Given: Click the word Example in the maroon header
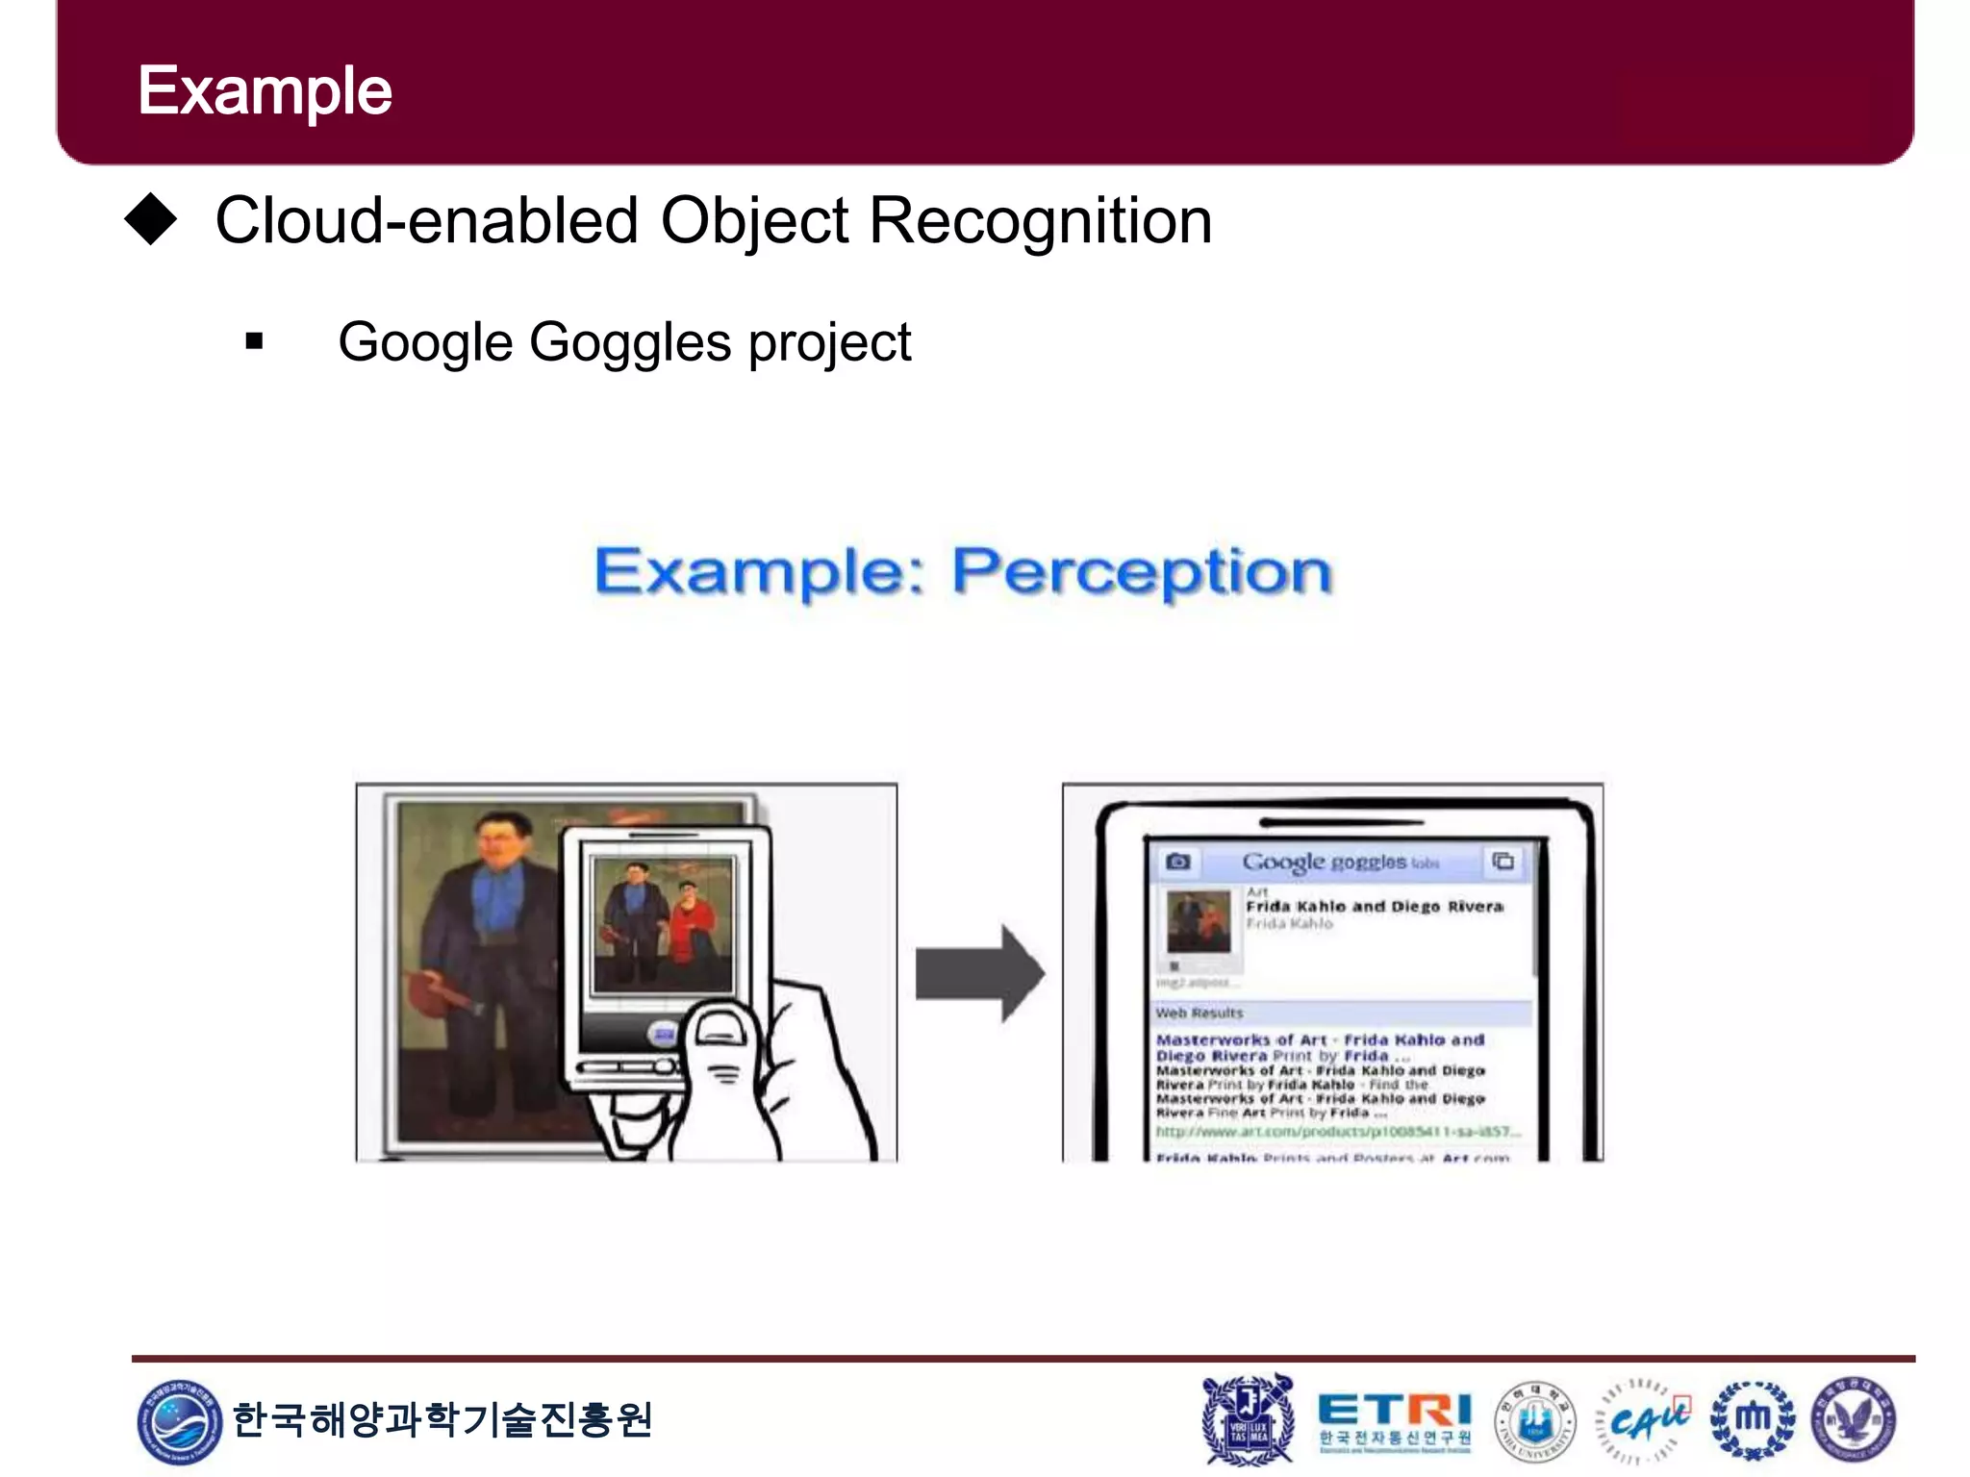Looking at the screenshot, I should (x=265, y=91).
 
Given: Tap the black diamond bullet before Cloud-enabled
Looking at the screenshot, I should (x=151, y=219).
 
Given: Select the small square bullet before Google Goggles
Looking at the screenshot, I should (x=254, y=341).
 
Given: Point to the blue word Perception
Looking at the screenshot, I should (x=1142, y=572).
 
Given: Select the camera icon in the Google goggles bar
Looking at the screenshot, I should (x=1178, y=861).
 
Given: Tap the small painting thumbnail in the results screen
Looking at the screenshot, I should (x=1199, y=921).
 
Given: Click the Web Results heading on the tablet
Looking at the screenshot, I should (x=1200, y=1013).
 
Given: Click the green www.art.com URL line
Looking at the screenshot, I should (x=1337, y=1132).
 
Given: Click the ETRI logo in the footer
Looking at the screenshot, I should (x=1394, y=1420).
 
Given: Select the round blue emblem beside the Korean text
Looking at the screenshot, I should (x=179, y=1420).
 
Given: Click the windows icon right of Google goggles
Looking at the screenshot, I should (x=1503, y=861).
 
